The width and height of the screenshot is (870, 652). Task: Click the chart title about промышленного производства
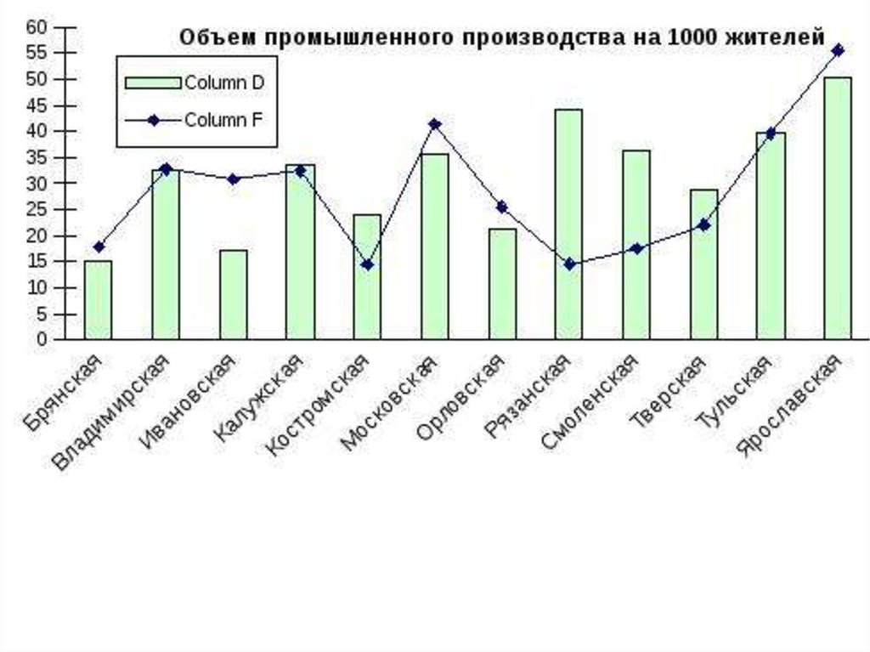pyautogui.click(x=501, y=38)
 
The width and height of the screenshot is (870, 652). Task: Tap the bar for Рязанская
pyautogui.click(x=568, y=224)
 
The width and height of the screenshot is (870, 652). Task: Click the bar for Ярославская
pyautogui.click(x=837, y=208)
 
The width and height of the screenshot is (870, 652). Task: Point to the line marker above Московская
pyautogui.click(x=435, y=124)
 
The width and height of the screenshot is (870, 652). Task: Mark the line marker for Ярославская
pyautogui.click(x=838, y=50)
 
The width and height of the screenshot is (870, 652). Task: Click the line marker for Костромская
pyautogui.click(x=367, y=264)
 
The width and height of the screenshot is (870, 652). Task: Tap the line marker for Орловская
pyautogui.click(x=501, y=207)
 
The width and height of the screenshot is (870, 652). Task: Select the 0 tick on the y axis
pyautogui.click(x=40, y=340)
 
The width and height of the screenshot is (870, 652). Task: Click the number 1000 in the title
pyautogui.click(x=692, y=38)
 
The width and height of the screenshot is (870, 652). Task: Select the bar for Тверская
pyautogui.click(x=703, y=264)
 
